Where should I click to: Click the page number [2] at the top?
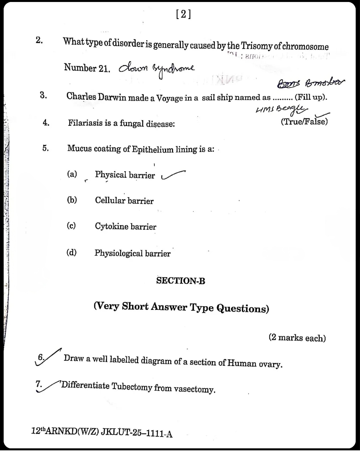pos(183,14)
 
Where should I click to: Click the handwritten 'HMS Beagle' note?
pos(282,109)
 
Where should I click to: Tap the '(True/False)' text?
pos(304,121)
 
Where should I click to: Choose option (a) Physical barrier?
pos(125,175)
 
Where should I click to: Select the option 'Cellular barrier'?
pos(124,200)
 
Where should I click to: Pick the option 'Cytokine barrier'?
pos(125,227)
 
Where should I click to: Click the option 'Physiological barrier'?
pos(132,254)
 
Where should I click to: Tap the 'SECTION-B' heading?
pos(181,281)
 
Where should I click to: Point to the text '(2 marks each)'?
pos(297,338)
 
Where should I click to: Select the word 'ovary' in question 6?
pos(270,364)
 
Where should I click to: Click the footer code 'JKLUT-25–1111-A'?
pos(137,433)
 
